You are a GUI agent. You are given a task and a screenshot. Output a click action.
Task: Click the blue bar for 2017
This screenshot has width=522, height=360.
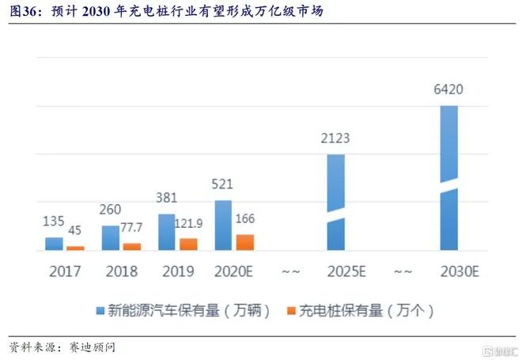(54, 244)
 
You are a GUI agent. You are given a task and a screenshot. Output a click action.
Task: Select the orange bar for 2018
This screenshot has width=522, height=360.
(133, 247)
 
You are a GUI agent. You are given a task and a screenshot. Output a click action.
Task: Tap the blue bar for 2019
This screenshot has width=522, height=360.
(167, 232)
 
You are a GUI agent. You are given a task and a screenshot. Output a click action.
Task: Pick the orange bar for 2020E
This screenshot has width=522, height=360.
(245, 242)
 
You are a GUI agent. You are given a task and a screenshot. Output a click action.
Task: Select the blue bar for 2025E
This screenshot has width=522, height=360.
(336, 203)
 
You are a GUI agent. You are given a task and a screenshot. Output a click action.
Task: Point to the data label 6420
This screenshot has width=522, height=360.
(448, 89)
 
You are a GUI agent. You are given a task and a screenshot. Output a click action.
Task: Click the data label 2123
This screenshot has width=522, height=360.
(335, 138)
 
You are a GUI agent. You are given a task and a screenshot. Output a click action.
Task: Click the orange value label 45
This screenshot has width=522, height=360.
(75, 230)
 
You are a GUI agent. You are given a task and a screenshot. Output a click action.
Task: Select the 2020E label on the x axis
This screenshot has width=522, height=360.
(234, 271)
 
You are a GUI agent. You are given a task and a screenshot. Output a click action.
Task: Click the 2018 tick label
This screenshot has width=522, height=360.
(121, 271)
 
